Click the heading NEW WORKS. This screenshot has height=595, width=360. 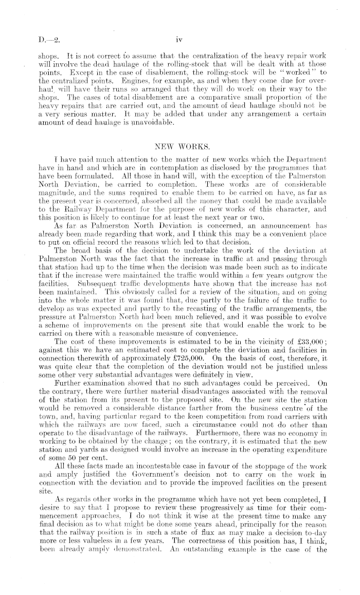[179, 147]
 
